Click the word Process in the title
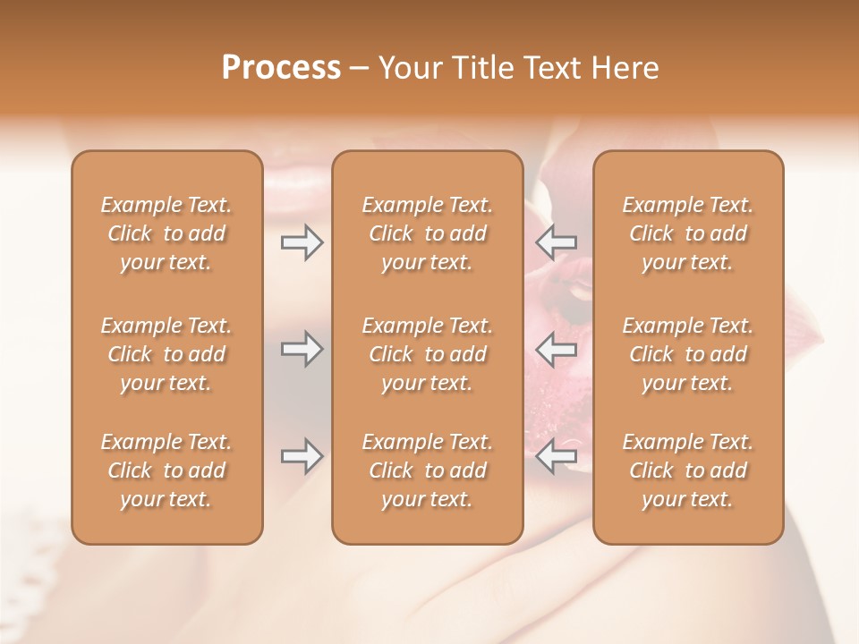pyautogui.click(x=281, y=67)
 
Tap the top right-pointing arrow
pyautogui.click(x=302, y=242)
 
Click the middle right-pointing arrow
pyautogui.click(x=302, y=349)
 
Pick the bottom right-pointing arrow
pyautogui.click(x=302, y=457)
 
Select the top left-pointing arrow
pyautogui.click(x=557, y=242)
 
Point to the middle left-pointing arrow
pyautogui.click(x=557, y=349)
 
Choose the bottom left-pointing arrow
pyautogui.click(x=557, y=457)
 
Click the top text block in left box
pyautogui.click(x=166, y=233)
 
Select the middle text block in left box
pyautogui.click(x=166, y=354)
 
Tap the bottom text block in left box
pyautogui.click(x=166, y=470)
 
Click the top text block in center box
pyautogui.click(x=427, y=233)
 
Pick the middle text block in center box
pyautogui.click(x=427, y=354)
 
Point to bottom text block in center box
pyautogui.click(x=427, y=470)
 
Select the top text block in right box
pyautogui.click(x=687, y=233)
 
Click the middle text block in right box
pyautogui.click(x=687, y=354)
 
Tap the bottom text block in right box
pyautogui.click(x=687, y=470)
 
